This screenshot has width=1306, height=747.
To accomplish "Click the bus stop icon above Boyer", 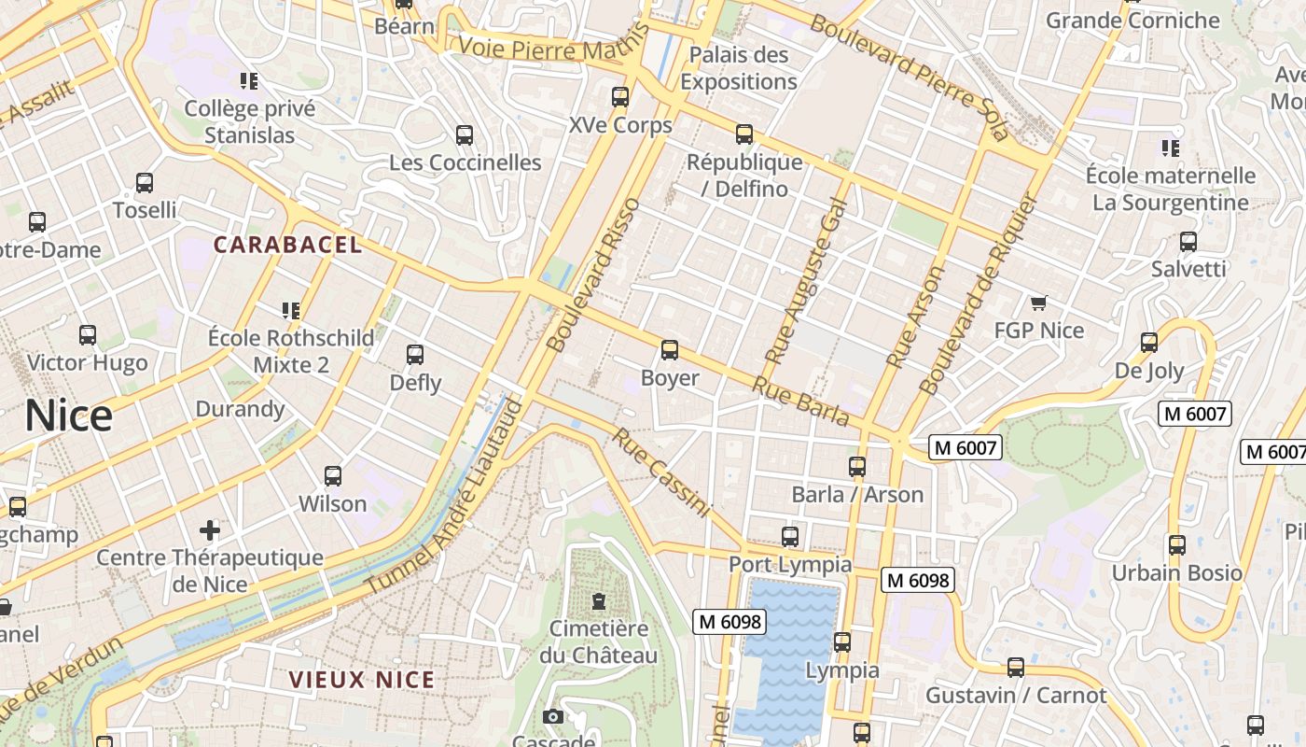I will pyautogui.click(x=669, y=350).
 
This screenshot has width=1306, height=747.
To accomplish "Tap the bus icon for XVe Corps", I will pyautogui.click(x=619, y=97).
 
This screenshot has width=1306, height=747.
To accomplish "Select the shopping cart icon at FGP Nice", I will pyautogui.click(x=1038, y=303).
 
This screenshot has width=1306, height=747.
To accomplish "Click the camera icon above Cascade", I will pyautogui.click(x=553, y=716).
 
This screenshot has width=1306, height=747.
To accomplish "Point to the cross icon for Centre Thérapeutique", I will pyautogui.click(x=210, y=530).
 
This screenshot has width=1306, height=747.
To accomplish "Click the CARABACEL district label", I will pyautogui.click(x=287, y=245).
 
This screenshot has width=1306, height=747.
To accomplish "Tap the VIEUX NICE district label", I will pyautogui.click(x=362, y=680).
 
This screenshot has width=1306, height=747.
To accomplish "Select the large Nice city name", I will pyautogui.click(x=68, y=416).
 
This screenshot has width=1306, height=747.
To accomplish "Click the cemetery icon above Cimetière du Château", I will pyautogui.click(x=598, y=601).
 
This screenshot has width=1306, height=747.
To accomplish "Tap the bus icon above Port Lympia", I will pyautogui.click(x=790, y=537).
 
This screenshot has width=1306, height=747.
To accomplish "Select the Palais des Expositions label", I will pyautogui.click(x=739, y=68).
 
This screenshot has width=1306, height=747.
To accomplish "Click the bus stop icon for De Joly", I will pyautogui.click(x=1149, y=343).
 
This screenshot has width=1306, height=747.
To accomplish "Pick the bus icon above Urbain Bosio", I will pyautogui.click(x=1177, y=545).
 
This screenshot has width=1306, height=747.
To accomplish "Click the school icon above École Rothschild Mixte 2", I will pyautogui.click(x=290, y=310).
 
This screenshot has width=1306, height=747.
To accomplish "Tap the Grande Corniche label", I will pyautogui.click(x=1132, y=20).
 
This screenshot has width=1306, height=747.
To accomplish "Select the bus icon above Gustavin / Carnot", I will pyautogui.click(x=1016, y=668).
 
